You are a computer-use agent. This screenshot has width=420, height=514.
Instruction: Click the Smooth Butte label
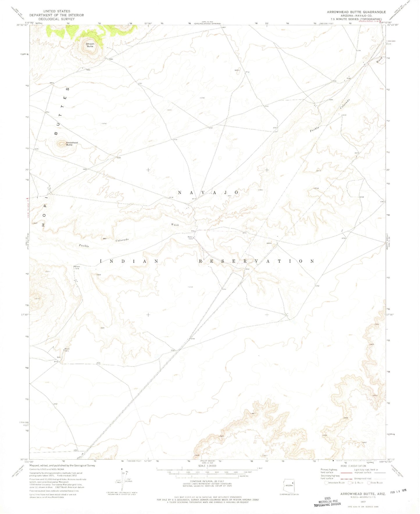coord(90,45)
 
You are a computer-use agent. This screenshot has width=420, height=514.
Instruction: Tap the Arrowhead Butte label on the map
coord(72,144)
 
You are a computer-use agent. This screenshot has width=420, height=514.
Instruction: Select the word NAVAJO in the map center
coord(208,192)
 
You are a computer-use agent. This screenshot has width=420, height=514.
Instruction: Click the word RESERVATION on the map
coord(256,261)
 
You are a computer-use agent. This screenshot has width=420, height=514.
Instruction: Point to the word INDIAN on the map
coord(129,261)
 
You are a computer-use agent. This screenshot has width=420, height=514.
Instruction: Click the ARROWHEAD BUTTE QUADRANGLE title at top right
coord(356,12)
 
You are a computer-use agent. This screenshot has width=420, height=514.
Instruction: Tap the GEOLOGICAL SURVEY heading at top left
coord(56,19)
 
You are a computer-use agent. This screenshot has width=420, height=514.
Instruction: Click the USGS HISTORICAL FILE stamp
coord(327,502)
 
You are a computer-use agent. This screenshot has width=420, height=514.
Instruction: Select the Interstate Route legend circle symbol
coord(326,483)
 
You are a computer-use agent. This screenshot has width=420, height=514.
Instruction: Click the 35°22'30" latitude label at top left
coord(22,25)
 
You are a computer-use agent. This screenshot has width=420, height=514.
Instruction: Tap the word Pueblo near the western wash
coord(84,246)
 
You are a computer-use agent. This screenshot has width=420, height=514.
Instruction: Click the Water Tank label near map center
coord(190,238)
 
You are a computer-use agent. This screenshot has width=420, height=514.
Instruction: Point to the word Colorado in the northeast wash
coord(345,104)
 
